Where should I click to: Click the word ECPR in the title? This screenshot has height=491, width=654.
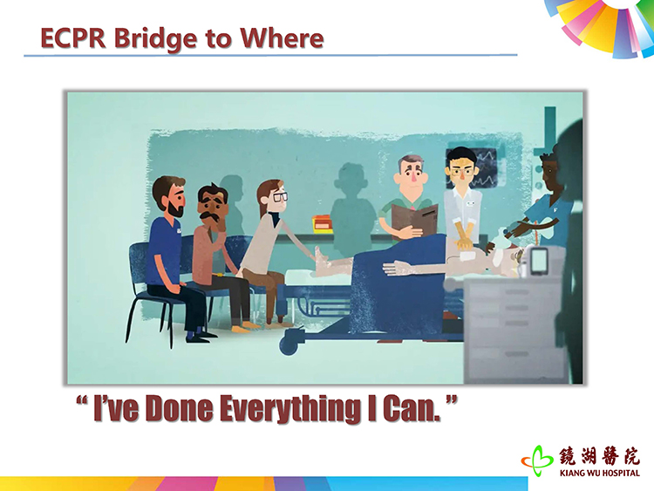[x=73, y=38]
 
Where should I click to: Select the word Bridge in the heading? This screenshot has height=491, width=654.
[x=155, y=39]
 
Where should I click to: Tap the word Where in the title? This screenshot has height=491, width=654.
[x=282, y=38]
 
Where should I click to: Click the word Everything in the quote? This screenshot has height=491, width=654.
[x=290, y=409]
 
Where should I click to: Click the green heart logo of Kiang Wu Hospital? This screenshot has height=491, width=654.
[x=537, y=461]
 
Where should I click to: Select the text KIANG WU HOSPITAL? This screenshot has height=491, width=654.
[x=599, y=473]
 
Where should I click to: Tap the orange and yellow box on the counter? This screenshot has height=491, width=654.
[x=323, y=223]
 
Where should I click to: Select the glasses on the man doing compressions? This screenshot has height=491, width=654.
[x=461, y=171]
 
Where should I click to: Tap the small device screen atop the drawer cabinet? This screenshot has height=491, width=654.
[x=539, y=260]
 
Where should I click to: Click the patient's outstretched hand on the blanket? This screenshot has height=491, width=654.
[x=394, y=268]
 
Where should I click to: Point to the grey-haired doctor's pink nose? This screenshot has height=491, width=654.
[x=413, y=176]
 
